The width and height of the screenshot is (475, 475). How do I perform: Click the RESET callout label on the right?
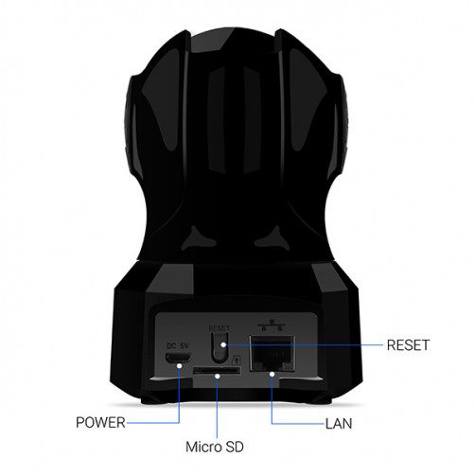(x=408, y=345)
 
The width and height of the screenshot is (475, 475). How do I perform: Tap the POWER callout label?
(x=100, y=422)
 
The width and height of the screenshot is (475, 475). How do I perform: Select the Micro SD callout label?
(x=215, y=447)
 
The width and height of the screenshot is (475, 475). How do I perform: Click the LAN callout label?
(x=339, y=424)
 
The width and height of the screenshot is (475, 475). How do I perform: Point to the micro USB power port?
(x=178, y=358)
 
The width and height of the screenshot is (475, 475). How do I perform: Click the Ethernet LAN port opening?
(x=273, y=353)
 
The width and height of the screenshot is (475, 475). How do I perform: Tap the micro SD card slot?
(x=216, y=370)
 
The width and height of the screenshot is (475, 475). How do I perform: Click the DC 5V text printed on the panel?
(x=178, y=345)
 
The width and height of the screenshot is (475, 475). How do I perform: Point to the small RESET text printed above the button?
(x=220, y=328)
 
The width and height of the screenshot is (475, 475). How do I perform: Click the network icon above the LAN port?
(x=272, y=325)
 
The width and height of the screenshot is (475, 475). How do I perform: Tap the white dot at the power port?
(x=180, y=365)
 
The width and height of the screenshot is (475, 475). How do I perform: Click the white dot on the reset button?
(x=223, y=344)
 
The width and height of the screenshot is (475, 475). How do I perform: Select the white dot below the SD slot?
(x=217, y=376)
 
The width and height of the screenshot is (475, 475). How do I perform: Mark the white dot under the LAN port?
(x=272, y=374)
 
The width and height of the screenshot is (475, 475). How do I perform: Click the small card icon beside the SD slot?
(x=237, y=360)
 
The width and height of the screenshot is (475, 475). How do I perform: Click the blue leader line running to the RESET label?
(x=305, y=345)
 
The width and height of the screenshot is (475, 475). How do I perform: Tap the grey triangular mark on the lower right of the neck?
(x=273, y=238)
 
